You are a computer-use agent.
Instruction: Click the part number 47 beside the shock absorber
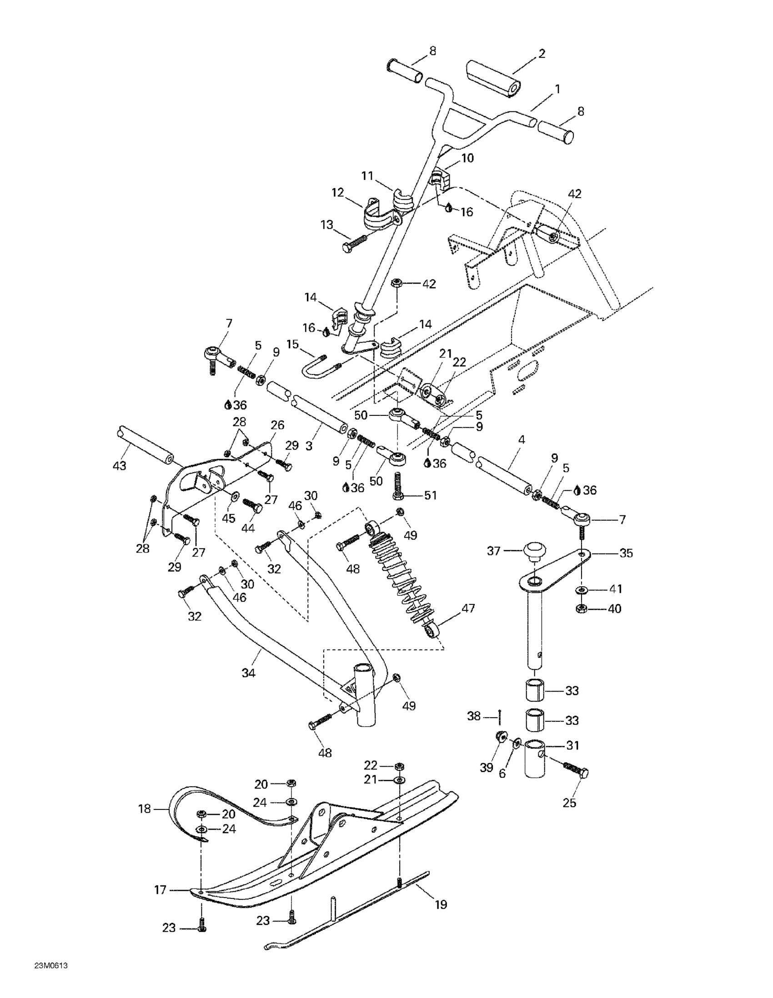[468, 608]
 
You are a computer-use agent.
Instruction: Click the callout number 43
[120, 466]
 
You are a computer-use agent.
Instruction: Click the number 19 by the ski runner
[441, 904]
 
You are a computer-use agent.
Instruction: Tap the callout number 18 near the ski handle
[145, 809]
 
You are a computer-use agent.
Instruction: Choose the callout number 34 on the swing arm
[249, 672]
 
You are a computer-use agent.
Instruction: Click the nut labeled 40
[582, 608]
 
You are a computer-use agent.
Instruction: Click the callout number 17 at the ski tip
[160, 890]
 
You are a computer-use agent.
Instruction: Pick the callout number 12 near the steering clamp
[338, 193]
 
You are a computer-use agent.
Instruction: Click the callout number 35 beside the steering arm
[626, 553]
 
